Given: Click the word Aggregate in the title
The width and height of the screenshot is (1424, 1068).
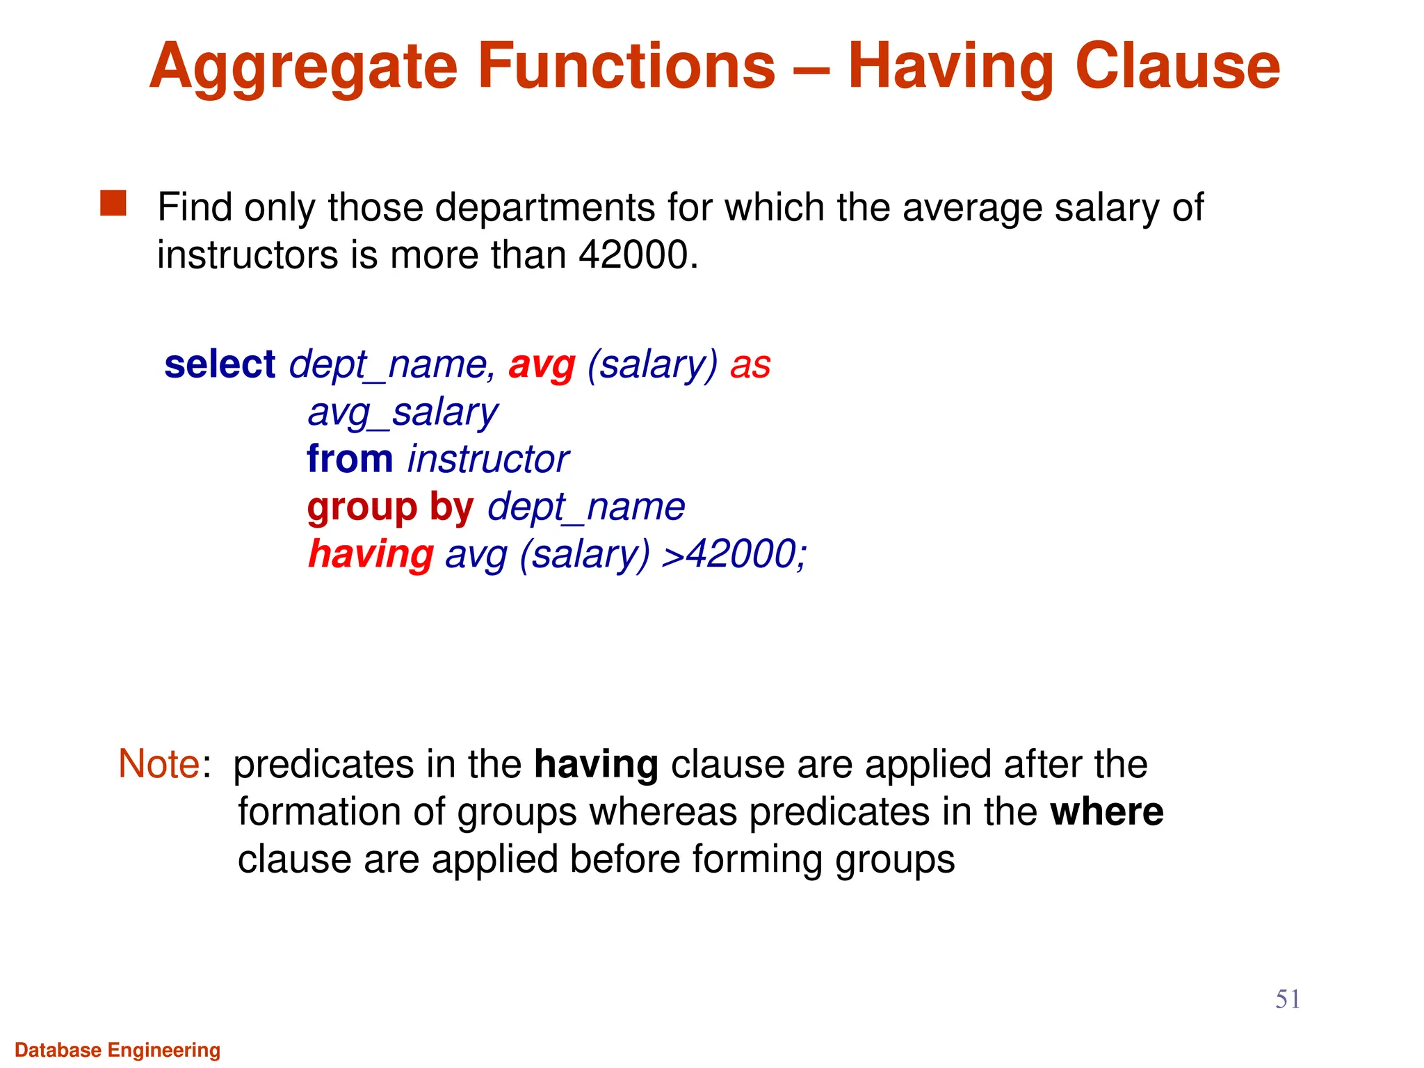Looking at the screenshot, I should pos(303,67).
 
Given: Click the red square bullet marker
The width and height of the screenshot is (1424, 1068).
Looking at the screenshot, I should pos(113,204).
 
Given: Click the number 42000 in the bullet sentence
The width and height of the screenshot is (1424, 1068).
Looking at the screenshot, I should pos(633,254).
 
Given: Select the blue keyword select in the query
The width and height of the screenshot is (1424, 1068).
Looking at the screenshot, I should pos(220,364).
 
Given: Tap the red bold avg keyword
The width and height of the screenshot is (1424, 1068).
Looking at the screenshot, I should pos(542,366).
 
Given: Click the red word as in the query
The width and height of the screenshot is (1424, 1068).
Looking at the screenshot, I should pos(750,366).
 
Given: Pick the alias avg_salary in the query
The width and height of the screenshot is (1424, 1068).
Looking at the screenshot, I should pos(403,413).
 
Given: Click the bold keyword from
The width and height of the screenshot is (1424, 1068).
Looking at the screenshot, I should pos(350,460).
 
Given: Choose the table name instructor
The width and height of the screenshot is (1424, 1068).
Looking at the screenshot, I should pos(488,460).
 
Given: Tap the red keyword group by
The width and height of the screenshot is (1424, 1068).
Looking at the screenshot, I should pos(390,507).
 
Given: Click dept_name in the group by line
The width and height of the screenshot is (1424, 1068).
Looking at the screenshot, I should pos(586,507).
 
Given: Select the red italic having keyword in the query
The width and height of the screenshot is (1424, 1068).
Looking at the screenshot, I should pos(371,554).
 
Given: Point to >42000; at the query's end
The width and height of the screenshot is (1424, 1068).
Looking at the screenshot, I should pos(734,554).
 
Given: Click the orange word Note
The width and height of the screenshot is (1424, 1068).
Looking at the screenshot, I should pos(159,764).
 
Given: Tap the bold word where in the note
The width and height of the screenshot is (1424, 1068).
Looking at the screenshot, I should pos(1106,812).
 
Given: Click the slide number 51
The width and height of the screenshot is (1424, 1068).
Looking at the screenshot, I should pos(1287,999).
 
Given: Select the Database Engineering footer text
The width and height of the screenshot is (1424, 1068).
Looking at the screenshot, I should pos(118,1050).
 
